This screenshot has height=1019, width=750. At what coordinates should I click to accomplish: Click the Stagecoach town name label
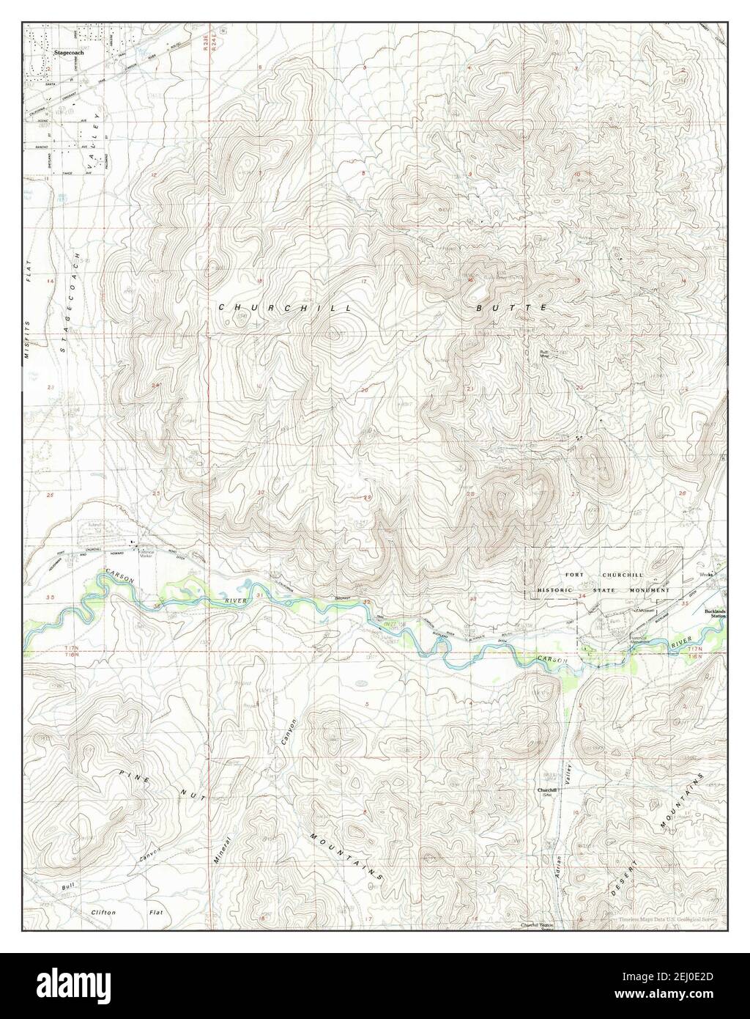pyautogui.click(x=70, y=54)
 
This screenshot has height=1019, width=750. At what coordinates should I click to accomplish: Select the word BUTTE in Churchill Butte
pyautogui.click(x=511, y=309)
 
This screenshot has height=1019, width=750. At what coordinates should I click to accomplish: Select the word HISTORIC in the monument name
pyautogui.click(x=557, y=590)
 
